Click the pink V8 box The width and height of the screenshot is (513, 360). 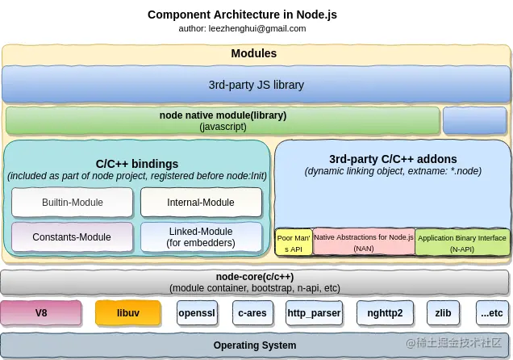pos(41,313)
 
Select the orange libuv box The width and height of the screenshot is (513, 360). pos(128,313)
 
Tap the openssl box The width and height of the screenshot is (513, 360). pos(197,313)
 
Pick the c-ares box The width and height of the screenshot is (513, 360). pos(252,313)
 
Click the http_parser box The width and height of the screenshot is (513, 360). pos(314,313)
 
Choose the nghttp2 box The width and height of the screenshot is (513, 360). pos(385,313)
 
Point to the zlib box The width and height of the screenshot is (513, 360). pos(444,313)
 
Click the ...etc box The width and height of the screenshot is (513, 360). pos(492,313)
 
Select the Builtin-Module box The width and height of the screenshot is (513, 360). pos(73,203)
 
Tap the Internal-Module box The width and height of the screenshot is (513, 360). pos(201,203)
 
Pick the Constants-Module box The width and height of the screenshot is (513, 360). pos(73,237)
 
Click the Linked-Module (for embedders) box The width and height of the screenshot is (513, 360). pos(201,237)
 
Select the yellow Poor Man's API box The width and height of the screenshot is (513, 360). pos(294,242)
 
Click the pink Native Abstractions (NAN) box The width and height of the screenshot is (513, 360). pos(364,241)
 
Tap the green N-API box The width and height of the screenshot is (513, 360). pos(462,242)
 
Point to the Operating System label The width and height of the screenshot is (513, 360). pos(255,345)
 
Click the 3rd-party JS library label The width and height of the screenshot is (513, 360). pos(256,85)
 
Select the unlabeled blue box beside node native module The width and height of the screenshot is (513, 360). pos(475,120)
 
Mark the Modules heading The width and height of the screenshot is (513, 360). pos(254,53)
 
